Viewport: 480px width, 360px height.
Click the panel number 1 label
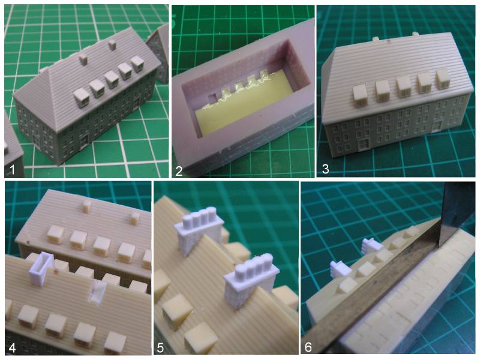(12, 169)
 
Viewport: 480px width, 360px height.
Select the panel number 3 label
(325, 169)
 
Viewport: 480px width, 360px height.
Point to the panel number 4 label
(12, 348)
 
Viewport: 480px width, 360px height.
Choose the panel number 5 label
(160, 348)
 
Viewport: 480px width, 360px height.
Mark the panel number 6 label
(308, 347)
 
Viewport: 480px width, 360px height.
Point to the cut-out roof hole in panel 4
(98, 292)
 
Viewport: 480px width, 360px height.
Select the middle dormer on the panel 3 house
(404, 86)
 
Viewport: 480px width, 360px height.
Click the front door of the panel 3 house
(364, 144)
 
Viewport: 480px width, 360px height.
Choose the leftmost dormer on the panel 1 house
(82, 98)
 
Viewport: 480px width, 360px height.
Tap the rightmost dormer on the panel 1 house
(137, 64)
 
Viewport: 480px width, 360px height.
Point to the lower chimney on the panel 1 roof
(83, 59)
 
